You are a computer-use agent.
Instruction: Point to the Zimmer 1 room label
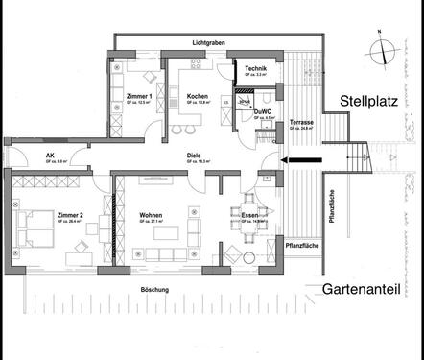[139, 97]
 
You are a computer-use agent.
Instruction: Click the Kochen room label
[198, 97]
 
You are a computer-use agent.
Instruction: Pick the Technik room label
[255, 69]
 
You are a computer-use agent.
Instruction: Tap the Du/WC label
[263, 112]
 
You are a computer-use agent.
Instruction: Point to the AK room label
[50, 156]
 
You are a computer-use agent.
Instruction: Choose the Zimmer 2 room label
[70, 215]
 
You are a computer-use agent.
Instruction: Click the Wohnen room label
[151, 215]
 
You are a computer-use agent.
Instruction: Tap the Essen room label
[247, 216]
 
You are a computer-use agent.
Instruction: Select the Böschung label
[153, 289]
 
